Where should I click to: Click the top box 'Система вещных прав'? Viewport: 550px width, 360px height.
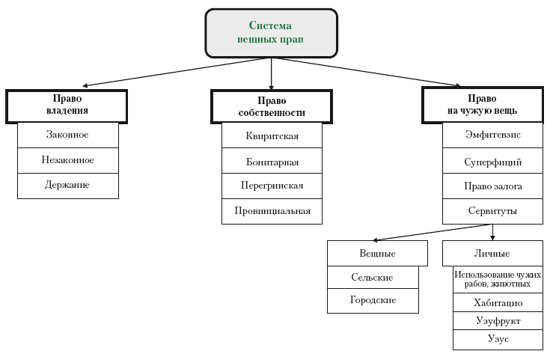(271, 34)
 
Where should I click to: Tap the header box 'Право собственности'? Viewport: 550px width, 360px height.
(272, 106)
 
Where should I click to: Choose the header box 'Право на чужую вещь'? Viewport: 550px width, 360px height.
(481, 105)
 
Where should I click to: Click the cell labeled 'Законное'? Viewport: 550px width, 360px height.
(68, 135)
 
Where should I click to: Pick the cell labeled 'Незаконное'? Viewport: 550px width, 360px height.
(68, 160)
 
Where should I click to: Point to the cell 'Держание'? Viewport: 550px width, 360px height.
(68, 185)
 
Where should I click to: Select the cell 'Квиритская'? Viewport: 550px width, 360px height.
(272, 136)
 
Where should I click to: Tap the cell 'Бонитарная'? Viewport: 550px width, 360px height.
(272, 161)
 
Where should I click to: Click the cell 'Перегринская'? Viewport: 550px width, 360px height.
(272, 186)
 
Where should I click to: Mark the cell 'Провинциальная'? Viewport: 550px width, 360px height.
(272, 210)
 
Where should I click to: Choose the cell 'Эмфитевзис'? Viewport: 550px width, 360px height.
(492, 135)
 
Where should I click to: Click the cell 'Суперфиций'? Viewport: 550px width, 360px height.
(492, 161)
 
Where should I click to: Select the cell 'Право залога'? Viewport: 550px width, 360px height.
(492, 186)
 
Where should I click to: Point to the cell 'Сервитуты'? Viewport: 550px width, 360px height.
(492, 211)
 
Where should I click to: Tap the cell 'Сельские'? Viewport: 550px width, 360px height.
(373, 277)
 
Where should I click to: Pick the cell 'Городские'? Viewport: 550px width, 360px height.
(373, 301)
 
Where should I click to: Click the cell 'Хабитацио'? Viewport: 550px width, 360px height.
(498, 302)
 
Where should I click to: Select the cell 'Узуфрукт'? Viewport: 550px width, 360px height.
(498, 321)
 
